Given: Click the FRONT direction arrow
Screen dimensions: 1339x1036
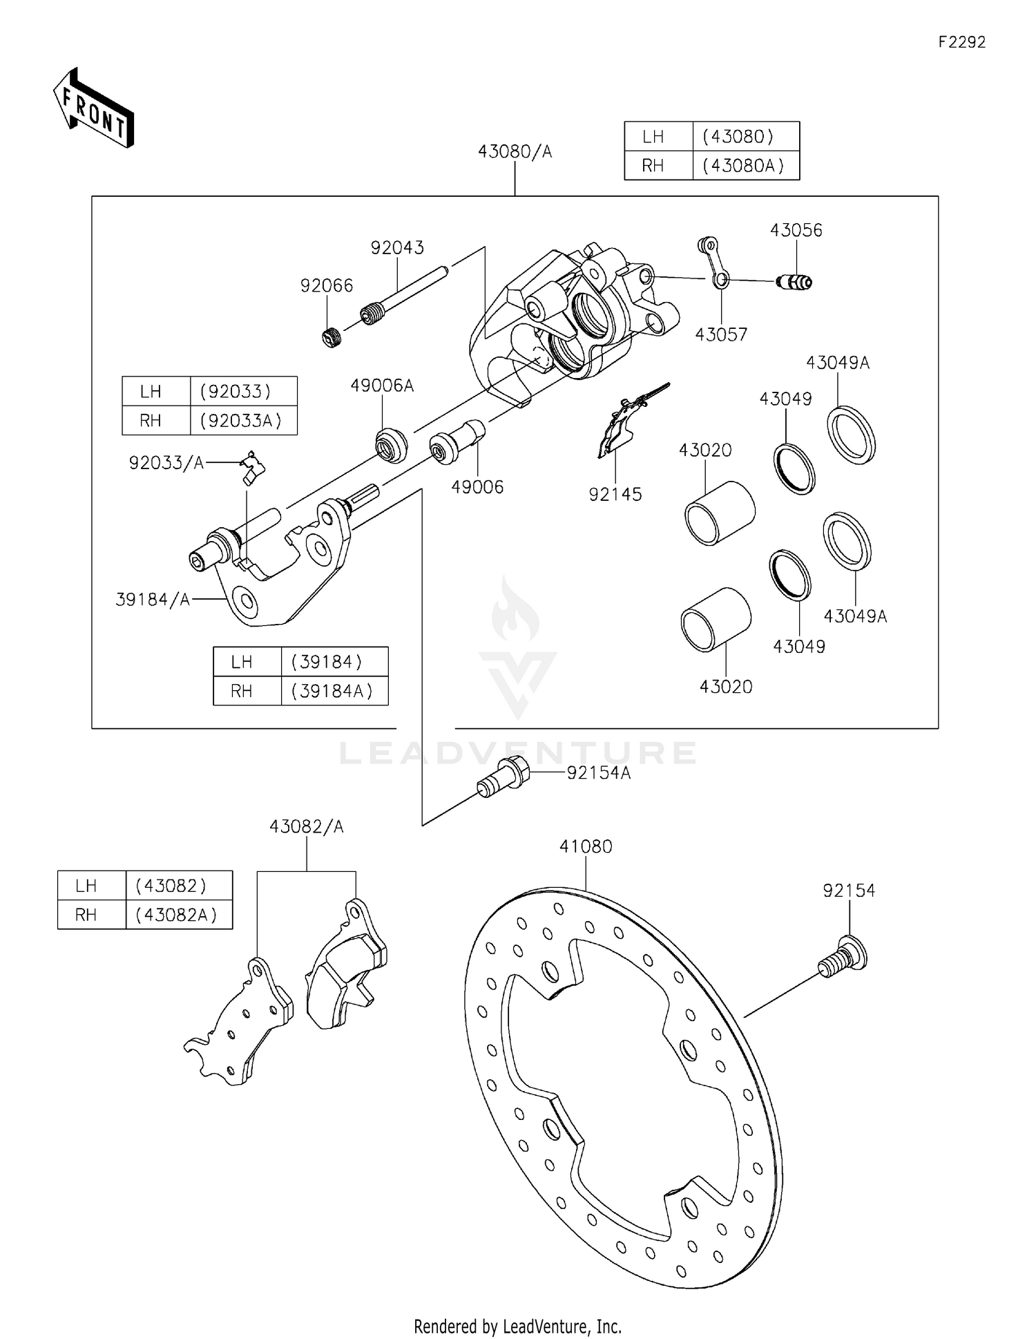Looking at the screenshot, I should [93, 108].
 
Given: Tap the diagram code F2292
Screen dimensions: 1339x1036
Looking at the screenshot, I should [961, 42].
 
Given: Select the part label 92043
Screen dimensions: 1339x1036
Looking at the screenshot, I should [397, 247].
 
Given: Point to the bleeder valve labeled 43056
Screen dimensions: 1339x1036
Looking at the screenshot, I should [794, 281].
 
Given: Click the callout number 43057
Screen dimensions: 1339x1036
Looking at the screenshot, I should [721, 334].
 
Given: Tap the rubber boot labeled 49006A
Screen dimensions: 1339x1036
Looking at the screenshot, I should [391, 444].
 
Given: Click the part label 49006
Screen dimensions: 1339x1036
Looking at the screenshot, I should [477, 487].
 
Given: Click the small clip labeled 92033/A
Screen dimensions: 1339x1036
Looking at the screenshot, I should [252, 467].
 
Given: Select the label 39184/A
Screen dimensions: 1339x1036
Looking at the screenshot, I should [153, 600].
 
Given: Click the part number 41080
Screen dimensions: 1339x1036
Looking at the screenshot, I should [586, 846].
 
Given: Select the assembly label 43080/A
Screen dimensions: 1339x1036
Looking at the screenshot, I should [515, 152].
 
